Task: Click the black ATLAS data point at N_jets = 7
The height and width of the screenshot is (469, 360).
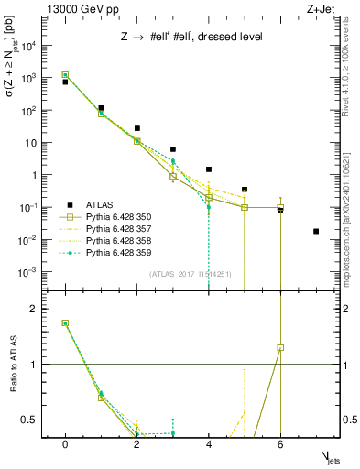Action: [x=316, y=231]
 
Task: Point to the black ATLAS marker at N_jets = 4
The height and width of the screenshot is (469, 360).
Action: [x=209, y=169]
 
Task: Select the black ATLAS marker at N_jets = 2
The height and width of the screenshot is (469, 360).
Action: [x=137, y=128]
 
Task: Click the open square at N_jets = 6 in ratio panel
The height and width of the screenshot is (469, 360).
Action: [x=280, y=348]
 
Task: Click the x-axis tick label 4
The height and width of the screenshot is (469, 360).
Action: [x=209, y=444]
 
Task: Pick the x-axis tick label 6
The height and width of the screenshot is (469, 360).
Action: [x=280, y=444]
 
